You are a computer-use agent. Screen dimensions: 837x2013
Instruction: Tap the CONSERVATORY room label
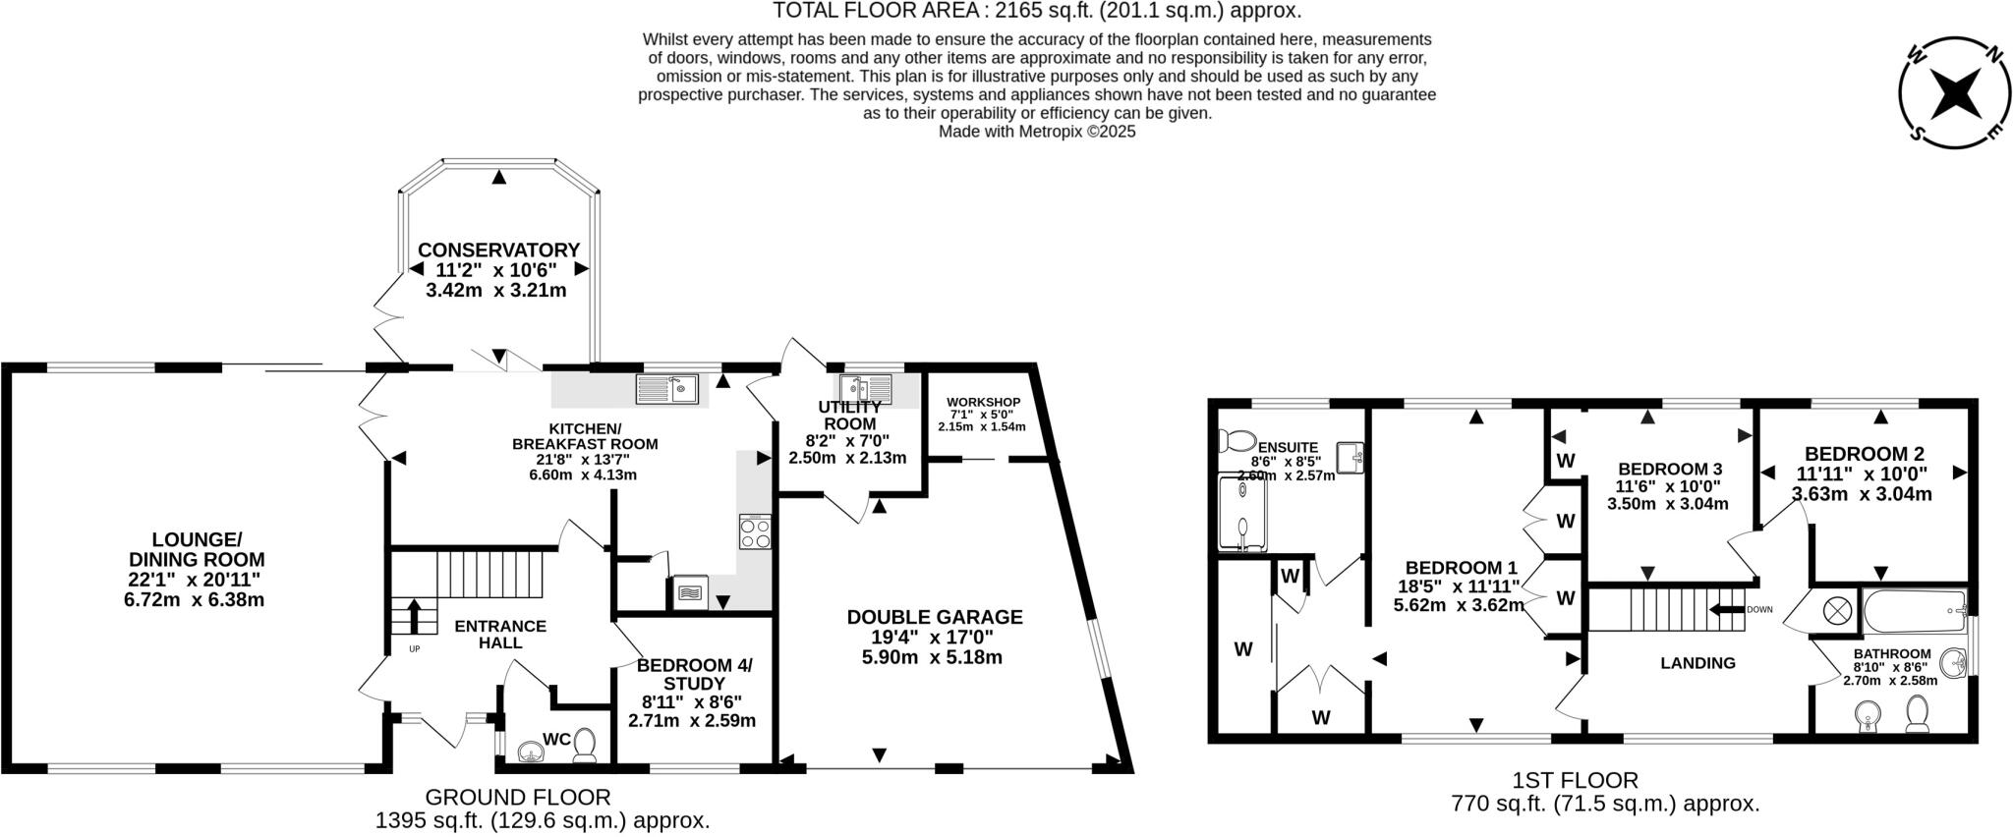click(x=498, y=251)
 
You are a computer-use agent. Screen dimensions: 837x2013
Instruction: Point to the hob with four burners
click(x=755, y=532)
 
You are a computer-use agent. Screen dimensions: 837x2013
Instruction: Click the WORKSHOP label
click(x=983, y=403)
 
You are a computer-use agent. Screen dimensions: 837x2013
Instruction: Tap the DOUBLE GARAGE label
click(x=935, y=617)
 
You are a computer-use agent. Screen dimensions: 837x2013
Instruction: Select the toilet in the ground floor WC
click(x=586, y=743)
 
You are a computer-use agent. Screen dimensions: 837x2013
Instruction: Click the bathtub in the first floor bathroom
click(x=1913, y=613)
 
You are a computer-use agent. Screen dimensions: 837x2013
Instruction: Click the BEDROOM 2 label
click(x=1864, y=454)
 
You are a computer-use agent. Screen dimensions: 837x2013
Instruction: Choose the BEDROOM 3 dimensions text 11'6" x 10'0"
click(x=1668, y=486)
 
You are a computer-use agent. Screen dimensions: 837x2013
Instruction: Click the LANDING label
click(x=1697, y=663)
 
